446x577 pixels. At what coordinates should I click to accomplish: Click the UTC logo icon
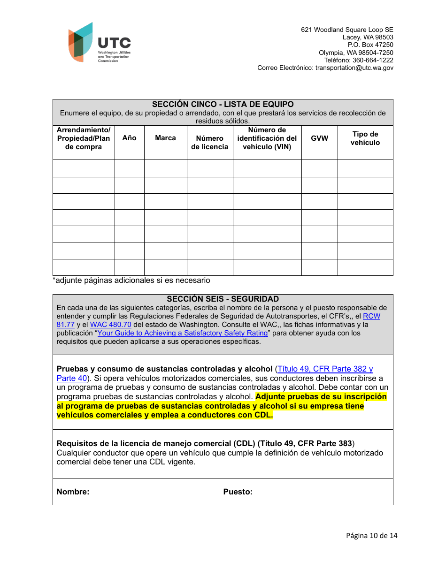pos(81,42)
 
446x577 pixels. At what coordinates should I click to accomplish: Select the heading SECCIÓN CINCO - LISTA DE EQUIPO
pos(223,104)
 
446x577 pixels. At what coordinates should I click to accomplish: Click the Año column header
pos(129,138)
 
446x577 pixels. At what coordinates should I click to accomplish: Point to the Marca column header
pos(165,138)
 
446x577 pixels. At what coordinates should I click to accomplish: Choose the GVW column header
pos(319,138)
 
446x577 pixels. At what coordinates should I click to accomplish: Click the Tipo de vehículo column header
pos(365,138)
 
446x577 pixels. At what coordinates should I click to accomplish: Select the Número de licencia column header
pos(209,143)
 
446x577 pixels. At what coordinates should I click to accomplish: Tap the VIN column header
pos(267,138)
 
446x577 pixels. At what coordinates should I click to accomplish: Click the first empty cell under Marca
pos(165,168)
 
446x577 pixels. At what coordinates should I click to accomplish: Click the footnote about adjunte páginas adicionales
pos(131,281)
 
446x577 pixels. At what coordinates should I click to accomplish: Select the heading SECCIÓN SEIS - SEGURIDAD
pos(223,299)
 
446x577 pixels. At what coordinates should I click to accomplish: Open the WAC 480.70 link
pos(110,325)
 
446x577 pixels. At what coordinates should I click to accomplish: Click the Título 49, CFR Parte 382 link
pos(325,369)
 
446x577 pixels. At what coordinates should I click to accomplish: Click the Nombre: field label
pos(73,492)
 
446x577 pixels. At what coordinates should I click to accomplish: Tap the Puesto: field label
pos(238,492)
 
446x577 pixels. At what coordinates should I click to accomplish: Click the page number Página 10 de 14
pos(371,536)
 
